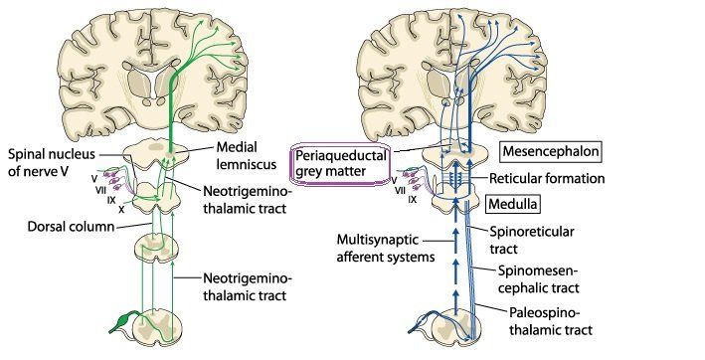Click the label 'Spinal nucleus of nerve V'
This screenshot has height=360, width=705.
52,162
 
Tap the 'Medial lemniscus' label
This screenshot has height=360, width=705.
246,155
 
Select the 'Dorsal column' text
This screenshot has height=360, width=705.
71,226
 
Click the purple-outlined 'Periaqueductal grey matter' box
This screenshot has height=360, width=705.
340,163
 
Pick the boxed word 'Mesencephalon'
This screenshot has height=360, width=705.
551,151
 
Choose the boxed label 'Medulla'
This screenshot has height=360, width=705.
513,204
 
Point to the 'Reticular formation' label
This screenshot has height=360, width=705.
547,178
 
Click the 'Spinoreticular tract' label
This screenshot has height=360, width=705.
531,240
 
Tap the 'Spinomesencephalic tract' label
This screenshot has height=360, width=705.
538,279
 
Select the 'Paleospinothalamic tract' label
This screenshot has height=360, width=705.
550,321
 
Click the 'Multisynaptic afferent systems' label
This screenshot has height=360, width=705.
386,248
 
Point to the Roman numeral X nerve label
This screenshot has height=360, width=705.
121,209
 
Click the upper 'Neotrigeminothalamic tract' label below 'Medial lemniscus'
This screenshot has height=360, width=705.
248,200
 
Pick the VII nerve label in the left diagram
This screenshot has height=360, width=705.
100,190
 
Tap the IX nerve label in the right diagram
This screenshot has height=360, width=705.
412,199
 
